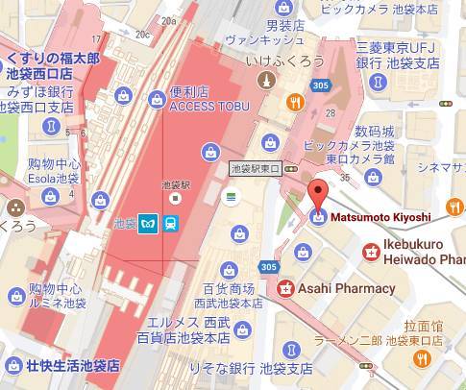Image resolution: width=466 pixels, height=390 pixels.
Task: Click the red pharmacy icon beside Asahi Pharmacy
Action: [x=284, y=287]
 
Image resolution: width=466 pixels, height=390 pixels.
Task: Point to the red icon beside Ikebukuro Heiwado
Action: [x=369, y=252]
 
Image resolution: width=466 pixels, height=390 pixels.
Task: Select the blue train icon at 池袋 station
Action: [x=169, y=223]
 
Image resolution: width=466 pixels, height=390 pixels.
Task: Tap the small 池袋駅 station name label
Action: [x=174, y=183]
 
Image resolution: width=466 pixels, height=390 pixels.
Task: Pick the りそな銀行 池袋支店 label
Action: [x=258, y=369]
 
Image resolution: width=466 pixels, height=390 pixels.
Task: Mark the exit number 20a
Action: [x=170, y=19]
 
